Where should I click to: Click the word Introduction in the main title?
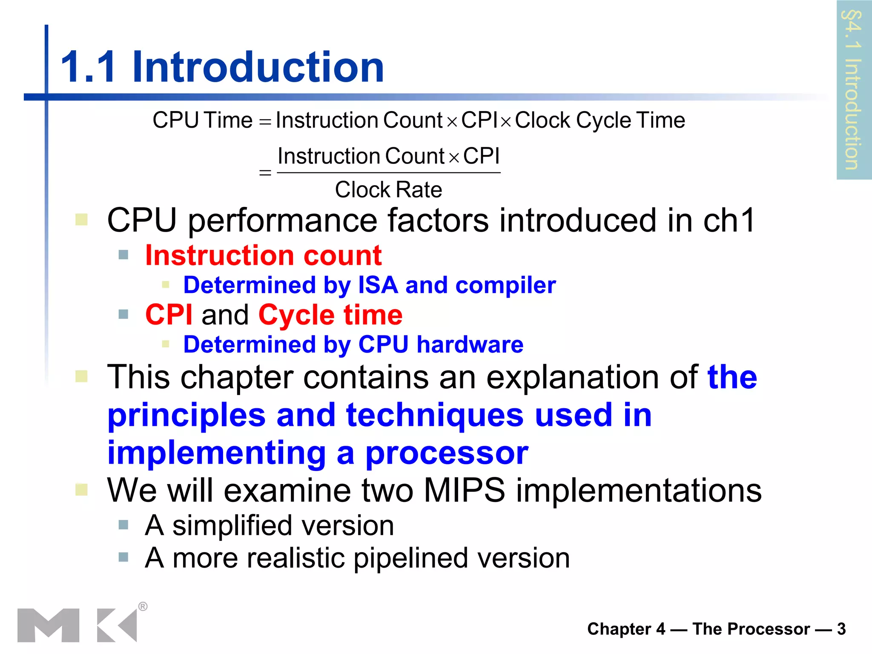click(258, 67)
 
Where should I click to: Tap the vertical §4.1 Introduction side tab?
click(853, 89)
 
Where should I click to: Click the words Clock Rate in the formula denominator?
click(388, 190)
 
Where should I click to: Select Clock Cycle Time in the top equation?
click(600, 120)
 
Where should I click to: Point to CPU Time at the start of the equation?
click(203, 120)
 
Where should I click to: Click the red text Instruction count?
click(263, 255)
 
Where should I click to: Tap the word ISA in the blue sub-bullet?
click(378, 285)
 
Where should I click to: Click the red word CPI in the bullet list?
click(169, 315)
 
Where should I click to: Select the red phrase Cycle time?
click(330, 315)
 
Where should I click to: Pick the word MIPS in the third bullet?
click(465, 490)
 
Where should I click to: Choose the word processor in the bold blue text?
click(447, 453)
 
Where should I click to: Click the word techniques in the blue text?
click(435, 415)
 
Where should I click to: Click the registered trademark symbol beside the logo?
click(143, 606)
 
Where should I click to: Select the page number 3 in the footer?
click(841, 629)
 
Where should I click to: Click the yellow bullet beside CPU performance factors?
click(81, 220)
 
